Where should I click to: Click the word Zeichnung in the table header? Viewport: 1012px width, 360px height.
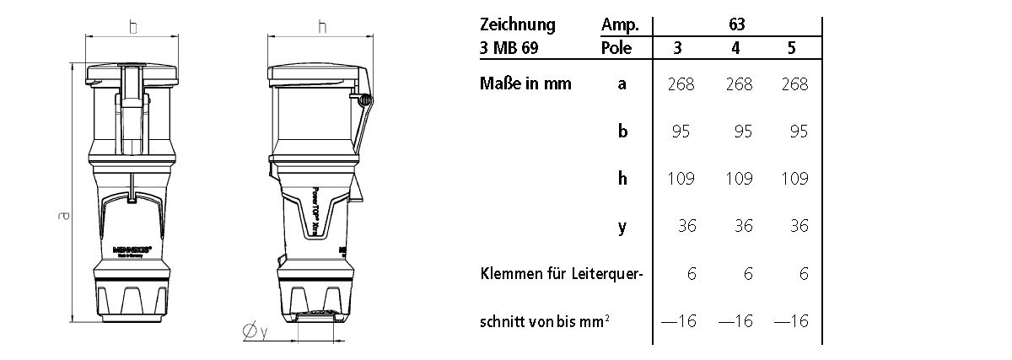click(x=517, y=24)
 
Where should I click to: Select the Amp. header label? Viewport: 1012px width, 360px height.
click(x=621, y=24)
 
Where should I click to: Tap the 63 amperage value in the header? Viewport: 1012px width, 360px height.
click(x=736, y=24)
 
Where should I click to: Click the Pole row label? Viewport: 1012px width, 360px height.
click(x=617, y=49)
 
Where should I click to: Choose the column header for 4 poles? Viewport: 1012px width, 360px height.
click(x=736, y=49)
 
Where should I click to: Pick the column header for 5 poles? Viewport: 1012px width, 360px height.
click(x=791, y=49)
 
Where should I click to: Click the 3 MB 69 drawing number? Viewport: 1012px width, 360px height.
click(x=509, y=49)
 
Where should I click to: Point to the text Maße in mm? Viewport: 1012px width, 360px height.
click(x=525, y=83)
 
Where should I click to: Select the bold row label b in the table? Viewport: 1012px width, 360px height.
click(x=622, y=132)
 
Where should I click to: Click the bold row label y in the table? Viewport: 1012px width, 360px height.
click(x=622, y=227)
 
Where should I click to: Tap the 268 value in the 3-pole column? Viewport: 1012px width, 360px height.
click(x=680, y=84)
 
